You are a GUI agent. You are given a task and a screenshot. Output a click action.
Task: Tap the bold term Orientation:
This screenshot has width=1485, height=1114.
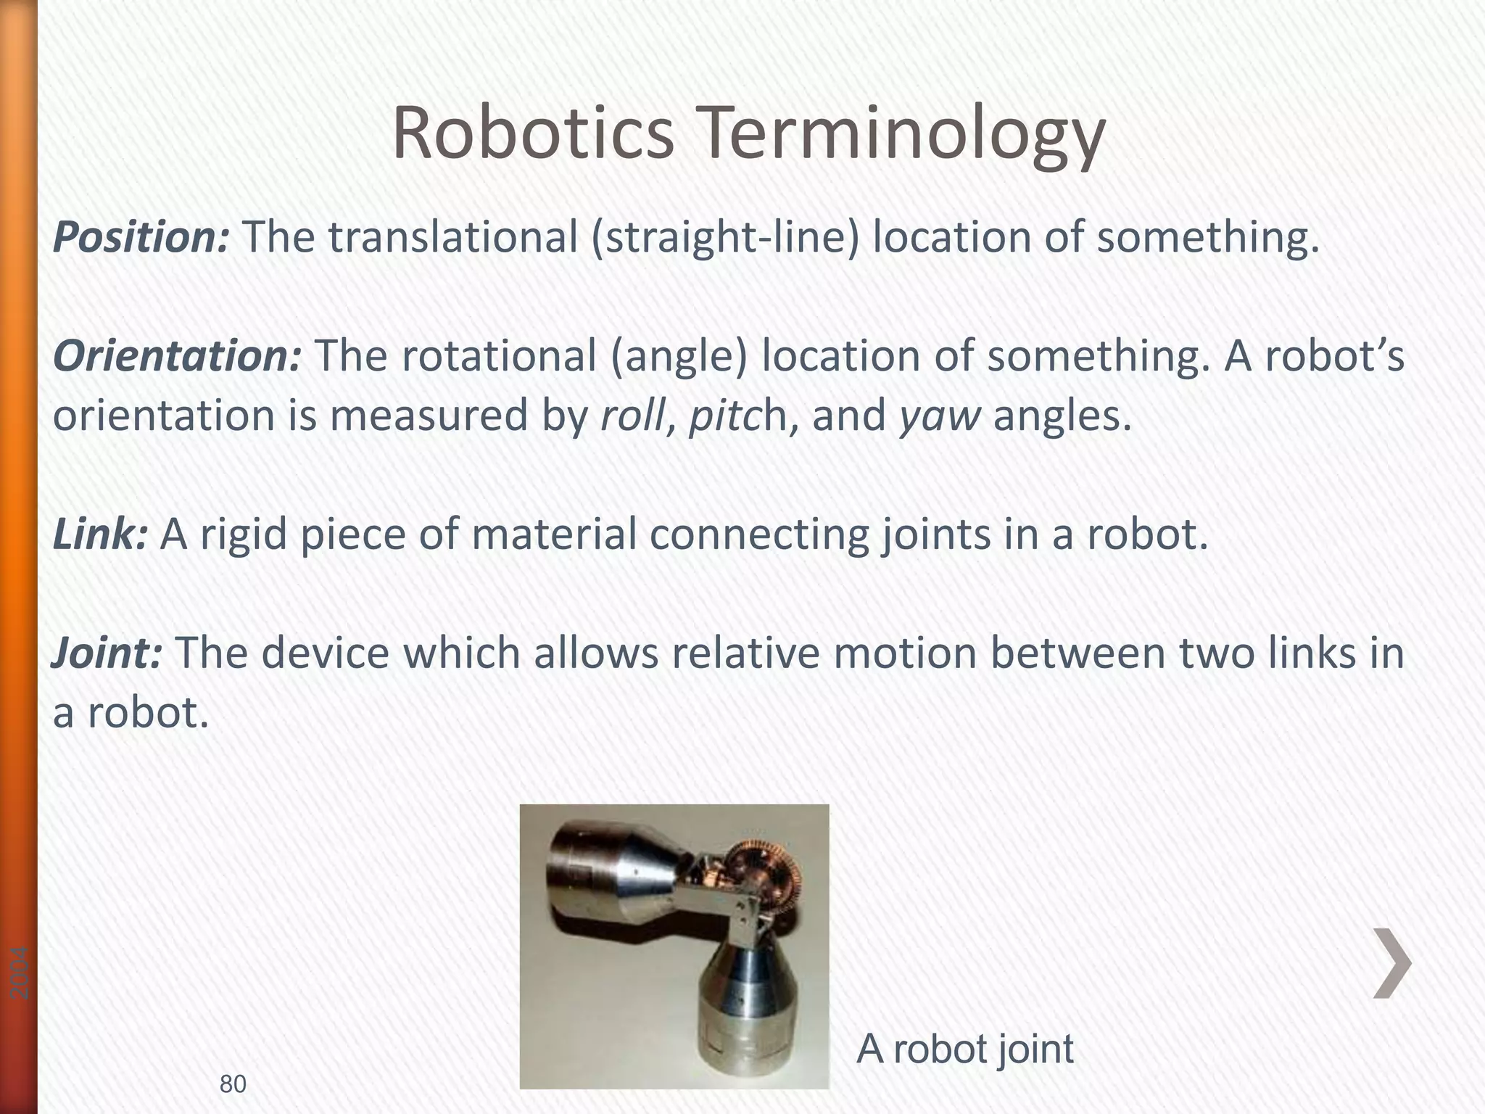pyautogui.click(x=177, y=358)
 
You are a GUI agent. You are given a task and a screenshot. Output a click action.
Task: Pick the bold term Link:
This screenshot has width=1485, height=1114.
pyautogui.click(x=101, y=534)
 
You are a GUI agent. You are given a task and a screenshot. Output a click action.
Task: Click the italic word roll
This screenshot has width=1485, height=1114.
pyautogui.click(x=632, y=416)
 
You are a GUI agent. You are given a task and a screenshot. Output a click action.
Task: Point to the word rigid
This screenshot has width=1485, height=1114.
pyautogui.click(x=243, y=535)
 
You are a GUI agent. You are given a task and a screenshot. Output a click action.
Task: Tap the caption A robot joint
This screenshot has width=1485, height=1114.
pyautogui.click(x=964, y=1048)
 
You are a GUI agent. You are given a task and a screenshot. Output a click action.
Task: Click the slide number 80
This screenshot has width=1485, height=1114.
pyautogui.click(x=233, y=1084)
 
